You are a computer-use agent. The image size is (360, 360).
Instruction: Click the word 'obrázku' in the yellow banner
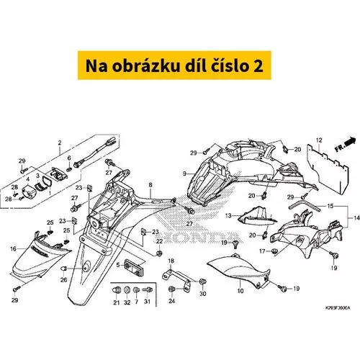pos(146,66)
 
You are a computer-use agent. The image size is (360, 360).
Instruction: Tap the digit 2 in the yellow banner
pos(258,66)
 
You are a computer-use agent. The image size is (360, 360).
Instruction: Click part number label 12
pos(319,140)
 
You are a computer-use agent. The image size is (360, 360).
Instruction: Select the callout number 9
pos(184,174)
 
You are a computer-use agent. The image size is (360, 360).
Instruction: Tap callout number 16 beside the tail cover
pos(13,249)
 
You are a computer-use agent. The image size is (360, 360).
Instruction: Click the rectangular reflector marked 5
pos(134,266)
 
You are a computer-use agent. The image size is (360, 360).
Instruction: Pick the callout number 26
pos(63,280)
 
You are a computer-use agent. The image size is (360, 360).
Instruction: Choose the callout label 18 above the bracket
pos(171,261)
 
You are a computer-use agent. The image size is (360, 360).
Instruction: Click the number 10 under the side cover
pos(240,291)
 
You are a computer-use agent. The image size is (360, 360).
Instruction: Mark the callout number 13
pos(228,216)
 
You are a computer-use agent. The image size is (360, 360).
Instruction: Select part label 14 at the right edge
pos(357,217)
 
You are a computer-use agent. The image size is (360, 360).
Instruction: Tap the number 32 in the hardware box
pos(127,302)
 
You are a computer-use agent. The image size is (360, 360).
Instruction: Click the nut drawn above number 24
pos(172,289)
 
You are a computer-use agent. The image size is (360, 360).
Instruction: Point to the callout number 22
pos(159,241)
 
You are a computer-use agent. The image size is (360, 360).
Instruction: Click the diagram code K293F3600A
pos(337,308)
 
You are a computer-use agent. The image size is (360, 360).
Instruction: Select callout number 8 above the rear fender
pos(150,185)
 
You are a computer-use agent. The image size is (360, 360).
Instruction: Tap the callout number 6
pos(69,158)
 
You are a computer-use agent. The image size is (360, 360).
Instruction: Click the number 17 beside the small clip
pos(262,251)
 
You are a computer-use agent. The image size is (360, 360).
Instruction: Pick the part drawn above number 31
pos(147,290)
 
